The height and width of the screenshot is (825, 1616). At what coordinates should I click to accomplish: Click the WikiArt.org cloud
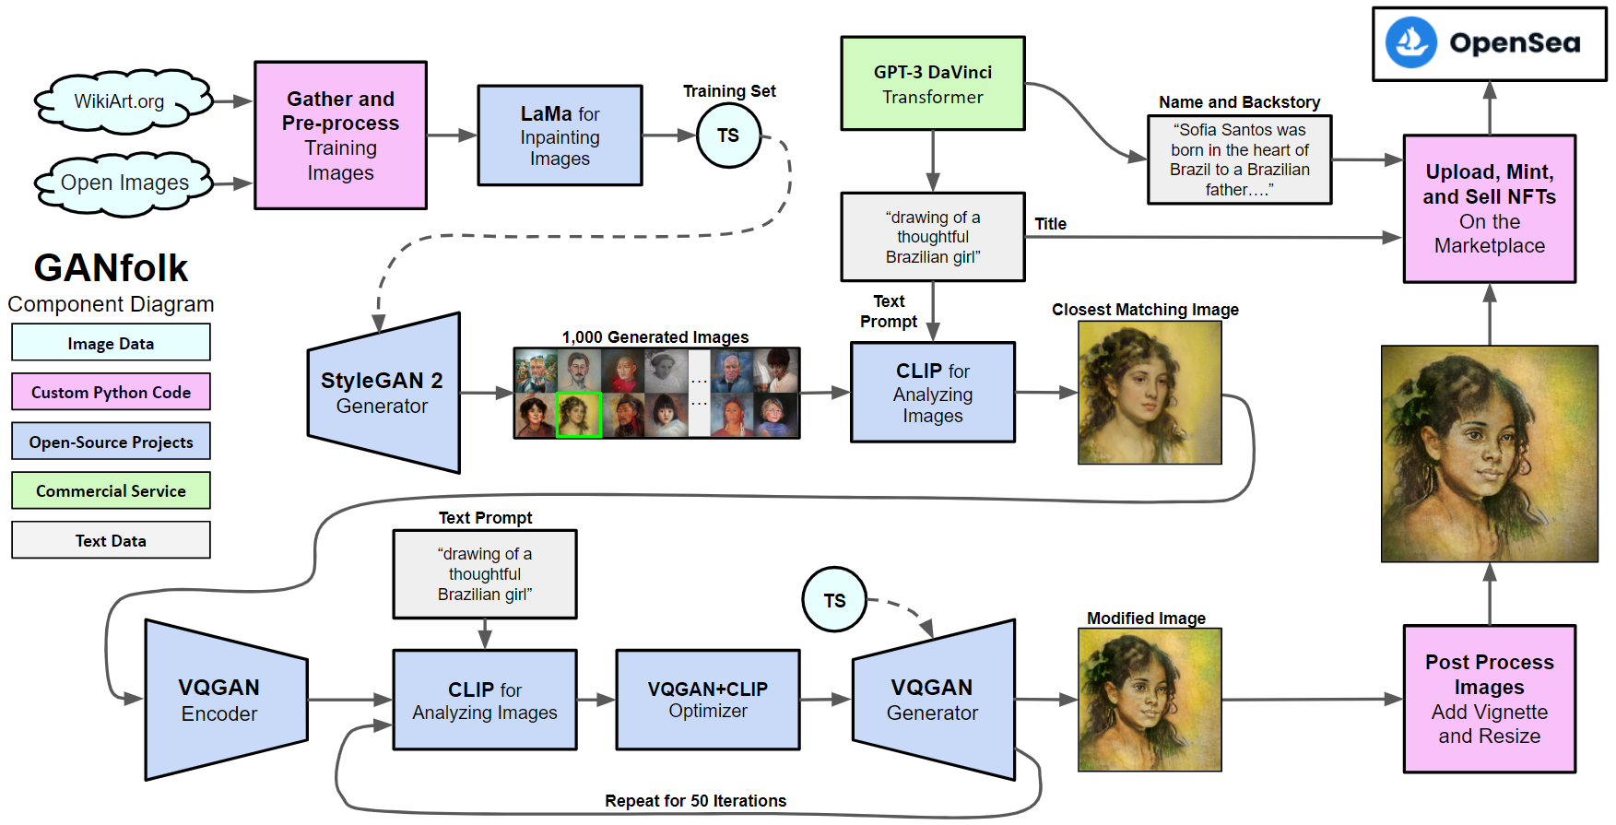coord(120,101)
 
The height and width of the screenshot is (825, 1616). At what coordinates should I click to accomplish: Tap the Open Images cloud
coord(124,183)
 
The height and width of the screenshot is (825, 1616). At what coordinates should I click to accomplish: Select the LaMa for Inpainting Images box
coord(560,136)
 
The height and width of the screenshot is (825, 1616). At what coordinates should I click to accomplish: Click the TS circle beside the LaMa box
coord(728,136)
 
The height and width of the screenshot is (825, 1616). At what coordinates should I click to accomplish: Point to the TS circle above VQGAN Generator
coord(834,600)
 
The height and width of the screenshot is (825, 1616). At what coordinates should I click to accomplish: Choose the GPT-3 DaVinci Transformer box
coord(932,84)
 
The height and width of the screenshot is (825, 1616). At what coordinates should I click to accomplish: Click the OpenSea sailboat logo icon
coord(1410,42)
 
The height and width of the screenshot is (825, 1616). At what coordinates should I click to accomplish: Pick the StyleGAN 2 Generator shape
coord(383,394)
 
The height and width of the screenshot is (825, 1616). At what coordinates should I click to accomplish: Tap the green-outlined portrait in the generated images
coord(579,415)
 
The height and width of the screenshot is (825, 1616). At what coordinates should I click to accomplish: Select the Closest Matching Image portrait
coord(1150,393)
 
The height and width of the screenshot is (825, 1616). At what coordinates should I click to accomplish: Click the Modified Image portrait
coord(1150,700)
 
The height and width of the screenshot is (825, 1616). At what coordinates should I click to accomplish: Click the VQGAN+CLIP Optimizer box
coord(707,700)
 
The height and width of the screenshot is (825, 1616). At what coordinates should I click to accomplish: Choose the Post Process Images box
coord(1489,699)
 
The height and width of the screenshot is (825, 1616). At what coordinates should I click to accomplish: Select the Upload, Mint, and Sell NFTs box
coord(1489,208)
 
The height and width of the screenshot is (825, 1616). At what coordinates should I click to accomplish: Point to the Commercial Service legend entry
coord(111,491)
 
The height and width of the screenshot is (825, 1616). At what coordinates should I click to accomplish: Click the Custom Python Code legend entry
coord(111,392)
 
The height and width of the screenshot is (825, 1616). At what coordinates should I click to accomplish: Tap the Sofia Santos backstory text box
coord(1239,159)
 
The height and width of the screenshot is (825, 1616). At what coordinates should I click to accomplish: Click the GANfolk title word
coord(111,268)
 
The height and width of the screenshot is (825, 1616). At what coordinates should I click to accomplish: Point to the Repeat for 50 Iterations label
coord(695,801)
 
